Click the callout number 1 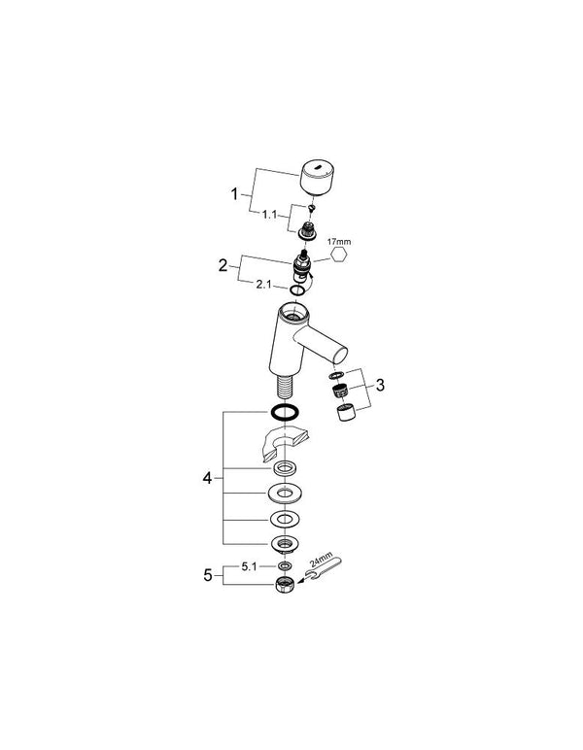(x=234, y=194)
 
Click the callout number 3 (x=381, y=385)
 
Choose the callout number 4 (x=207, y=477)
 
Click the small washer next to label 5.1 (x=286, y=564)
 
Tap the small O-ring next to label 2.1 (x=296, y=290)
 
